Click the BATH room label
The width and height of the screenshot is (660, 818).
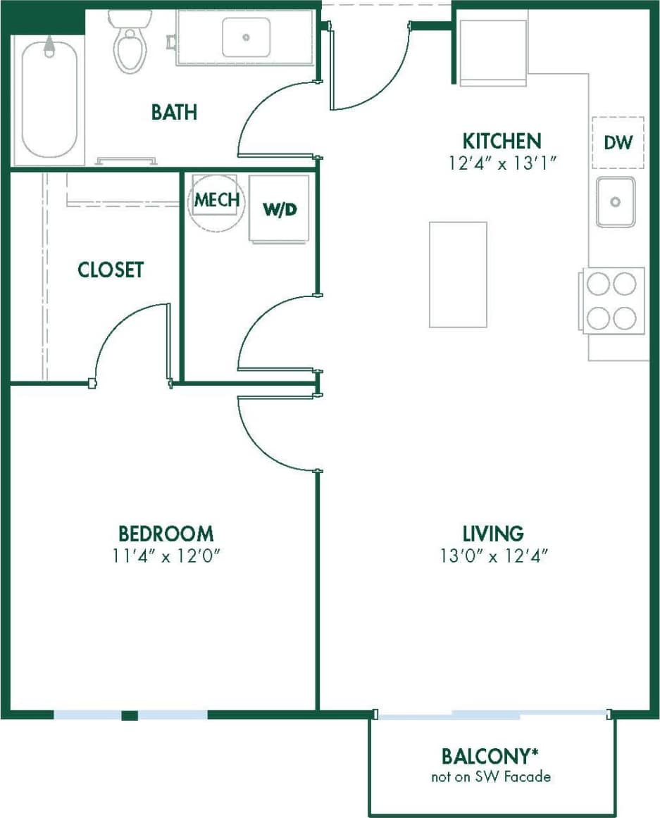(x=174, y=112)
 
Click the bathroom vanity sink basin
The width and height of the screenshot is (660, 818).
(x=246, y=37)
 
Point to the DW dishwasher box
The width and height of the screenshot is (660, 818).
(x=618, y=142)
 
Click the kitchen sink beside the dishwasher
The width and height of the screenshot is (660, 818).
(x=616, y=202)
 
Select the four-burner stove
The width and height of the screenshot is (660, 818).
(x=611, y=301)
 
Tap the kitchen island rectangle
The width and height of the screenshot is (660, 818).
(x=458, y=275)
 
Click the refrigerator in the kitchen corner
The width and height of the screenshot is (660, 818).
(x=493, y=52)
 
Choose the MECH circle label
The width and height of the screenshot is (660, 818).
(x=217, y=200)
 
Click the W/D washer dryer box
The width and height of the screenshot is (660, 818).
(x=278, y=209)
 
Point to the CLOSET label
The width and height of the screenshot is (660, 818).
(x=111, y=270)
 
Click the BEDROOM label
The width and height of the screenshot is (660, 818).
(x=166, y=533)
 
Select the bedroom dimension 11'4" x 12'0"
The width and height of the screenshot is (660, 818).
(x=166, y=556)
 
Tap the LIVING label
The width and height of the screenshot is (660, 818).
(x=493, y=533)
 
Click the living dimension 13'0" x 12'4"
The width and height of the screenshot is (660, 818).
(x=493, y=556)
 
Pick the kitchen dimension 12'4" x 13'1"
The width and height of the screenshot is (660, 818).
(x=502, y=163)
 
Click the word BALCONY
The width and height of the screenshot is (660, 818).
(x=486, y=757)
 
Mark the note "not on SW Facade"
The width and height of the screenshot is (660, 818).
(x=491, y=777)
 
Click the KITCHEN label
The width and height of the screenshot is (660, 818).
(x=502, y=140)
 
